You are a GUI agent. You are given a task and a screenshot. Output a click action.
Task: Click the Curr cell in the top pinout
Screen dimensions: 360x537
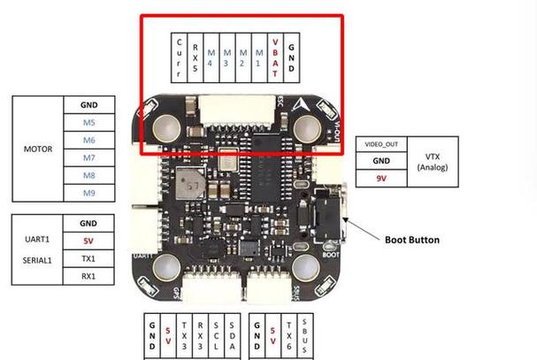pos(180,58)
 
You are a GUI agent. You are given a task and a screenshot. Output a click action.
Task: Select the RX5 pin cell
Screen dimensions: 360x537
pos(195,58)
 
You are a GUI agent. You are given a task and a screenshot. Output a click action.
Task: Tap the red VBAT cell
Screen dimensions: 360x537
pos(275,58)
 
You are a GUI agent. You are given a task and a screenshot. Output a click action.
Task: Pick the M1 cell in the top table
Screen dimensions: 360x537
pos(259,58)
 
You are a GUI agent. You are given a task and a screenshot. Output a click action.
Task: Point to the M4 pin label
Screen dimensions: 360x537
pos(211,58)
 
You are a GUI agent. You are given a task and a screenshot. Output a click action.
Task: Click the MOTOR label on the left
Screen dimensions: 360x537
pos(37,149)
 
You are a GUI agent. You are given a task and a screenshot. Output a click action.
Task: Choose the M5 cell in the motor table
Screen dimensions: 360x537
pos(88,122)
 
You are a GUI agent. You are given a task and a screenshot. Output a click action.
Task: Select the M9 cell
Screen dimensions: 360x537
pos(88,193)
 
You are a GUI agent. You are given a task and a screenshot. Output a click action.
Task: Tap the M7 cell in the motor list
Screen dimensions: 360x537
pos(88,157)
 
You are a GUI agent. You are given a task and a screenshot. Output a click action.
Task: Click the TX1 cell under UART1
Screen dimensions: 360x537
pos(88,258)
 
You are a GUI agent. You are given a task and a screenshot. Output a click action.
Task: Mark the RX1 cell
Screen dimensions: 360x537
pos(88,276)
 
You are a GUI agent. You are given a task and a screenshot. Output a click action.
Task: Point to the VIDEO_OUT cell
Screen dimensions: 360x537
pos(380,144)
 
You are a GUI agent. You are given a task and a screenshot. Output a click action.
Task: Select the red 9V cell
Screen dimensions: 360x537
pos(380,178)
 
